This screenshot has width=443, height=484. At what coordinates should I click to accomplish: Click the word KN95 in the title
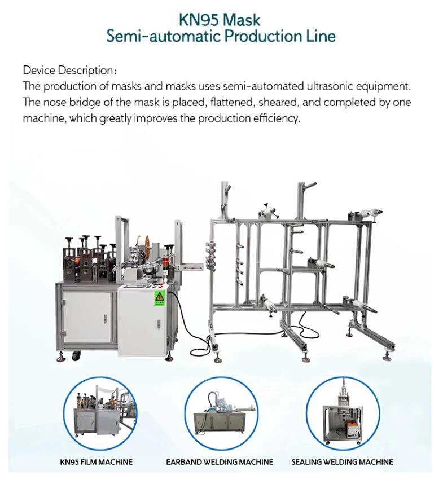tap(199, 20)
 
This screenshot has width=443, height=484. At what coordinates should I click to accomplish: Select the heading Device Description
tap(68, 71)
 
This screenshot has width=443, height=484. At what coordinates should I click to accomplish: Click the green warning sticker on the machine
tap(160, 297)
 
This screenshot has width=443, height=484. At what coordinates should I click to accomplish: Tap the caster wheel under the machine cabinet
tap(76, 355)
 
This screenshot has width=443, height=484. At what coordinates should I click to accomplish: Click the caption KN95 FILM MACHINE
tap(97, 462)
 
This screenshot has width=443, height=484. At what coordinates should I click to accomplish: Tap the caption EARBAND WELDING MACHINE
tap(219, 462)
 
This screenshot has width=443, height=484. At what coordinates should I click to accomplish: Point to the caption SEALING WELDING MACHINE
tap(342, 462)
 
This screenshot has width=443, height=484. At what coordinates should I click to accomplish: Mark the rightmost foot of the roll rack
tap(388, 355)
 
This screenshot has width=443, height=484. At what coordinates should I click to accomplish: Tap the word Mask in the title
tap(241, 20)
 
